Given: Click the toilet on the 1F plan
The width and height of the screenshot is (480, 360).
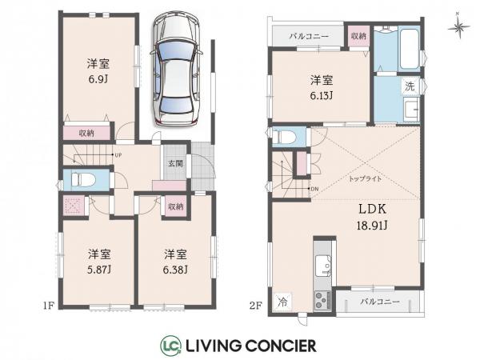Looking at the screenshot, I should tap(80, 180).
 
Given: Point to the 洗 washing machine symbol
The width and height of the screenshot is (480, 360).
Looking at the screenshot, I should tap(407, 86).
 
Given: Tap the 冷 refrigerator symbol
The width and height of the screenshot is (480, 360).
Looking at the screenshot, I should tap(282, 302).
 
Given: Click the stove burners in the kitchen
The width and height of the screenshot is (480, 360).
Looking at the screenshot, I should tap(323, 301).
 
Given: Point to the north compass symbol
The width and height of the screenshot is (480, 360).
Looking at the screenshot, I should tap(459, 24).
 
